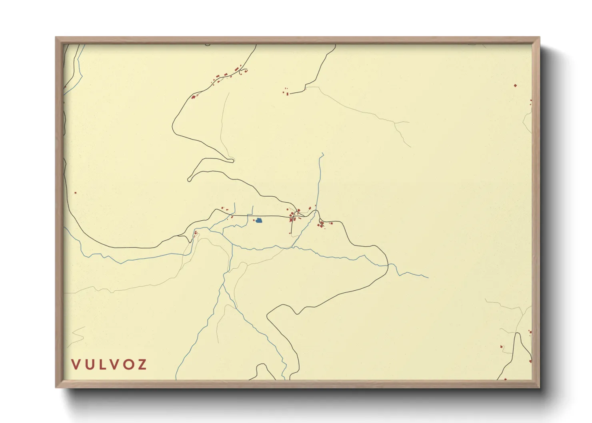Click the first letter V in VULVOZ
click(75, 364)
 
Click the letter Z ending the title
click(142, 364)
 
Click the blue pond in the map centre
click(259, 220)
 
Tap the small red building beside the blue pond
click(254, 220)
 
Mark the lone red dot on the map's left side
click(75, 193)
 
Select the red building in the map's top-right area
click(515, 85)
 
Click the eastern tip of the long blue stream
click(428, 277)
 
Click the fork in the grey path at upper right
click(395, 123)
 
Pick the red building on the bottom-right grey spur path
click(501, 346)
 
